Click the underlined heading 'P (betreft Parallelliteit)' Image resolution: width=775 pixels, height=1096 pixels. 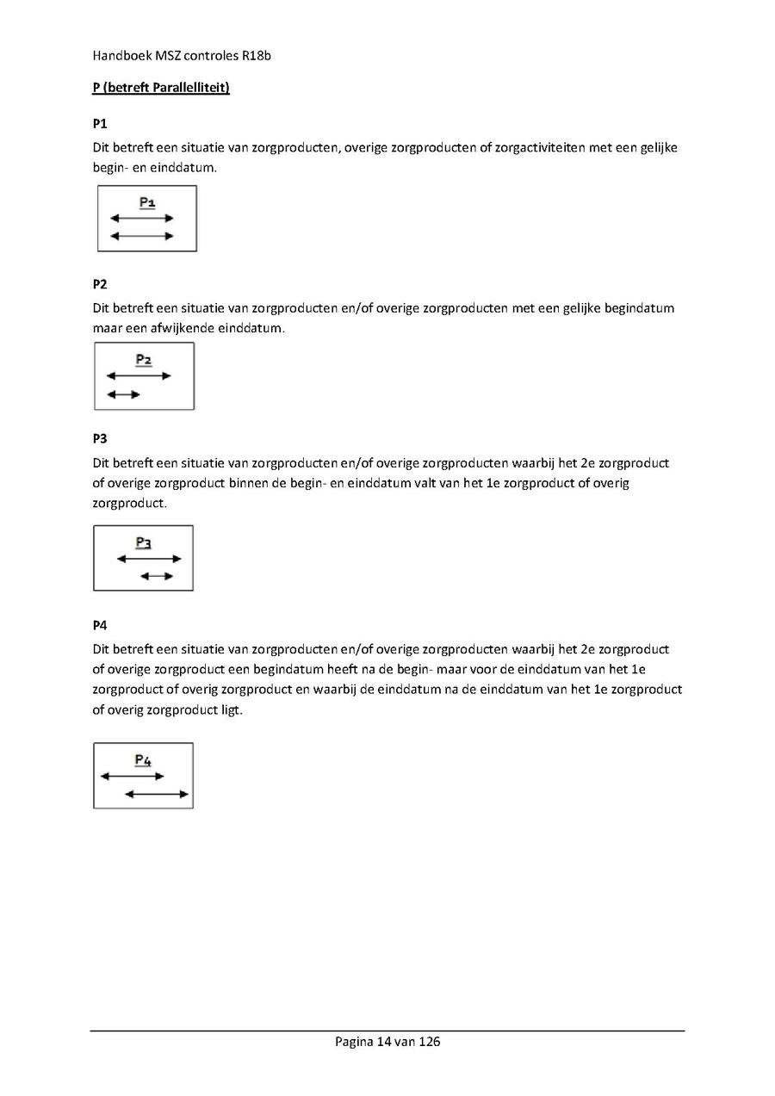[161, 88]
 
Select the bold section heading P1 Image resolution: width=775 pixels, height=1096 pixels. [99, 124]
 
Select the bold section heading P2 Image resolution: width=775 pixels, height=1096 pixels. [100, 284]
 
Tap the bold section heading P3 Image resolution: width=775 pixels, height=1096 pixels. [100, 439]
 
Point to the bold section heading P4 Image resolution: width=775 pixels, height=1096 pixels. [100, 625]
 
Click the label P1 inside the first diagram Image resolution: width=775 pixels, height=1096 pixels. [147, 202]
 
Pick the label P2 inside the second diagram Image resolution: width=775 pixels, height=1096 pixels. [143, 360]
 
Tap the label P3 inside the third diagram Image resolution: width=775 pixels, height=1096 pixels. [144, 542]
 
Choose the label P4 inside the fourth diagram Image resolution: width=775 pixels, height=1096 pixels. [143, 759]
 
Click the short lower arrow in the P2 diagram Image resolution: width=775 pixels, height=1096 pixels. [123, 394]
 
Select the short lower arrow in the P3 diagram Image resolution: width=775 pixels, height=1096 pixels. [157, 576]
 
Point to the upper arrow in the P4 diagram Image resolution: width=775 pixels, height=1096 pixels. [132, 777]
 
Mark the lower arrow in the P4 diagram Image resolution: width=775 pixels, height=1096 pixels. [157, 794]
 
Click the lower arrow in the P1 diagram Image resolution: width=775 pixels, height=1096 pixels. [142, 235]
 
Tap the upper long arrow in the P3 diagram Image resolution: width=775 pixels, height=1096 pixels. [149, 559]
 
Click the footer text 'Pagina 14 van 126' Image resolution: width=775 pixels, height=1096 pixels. [387, 1042]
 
